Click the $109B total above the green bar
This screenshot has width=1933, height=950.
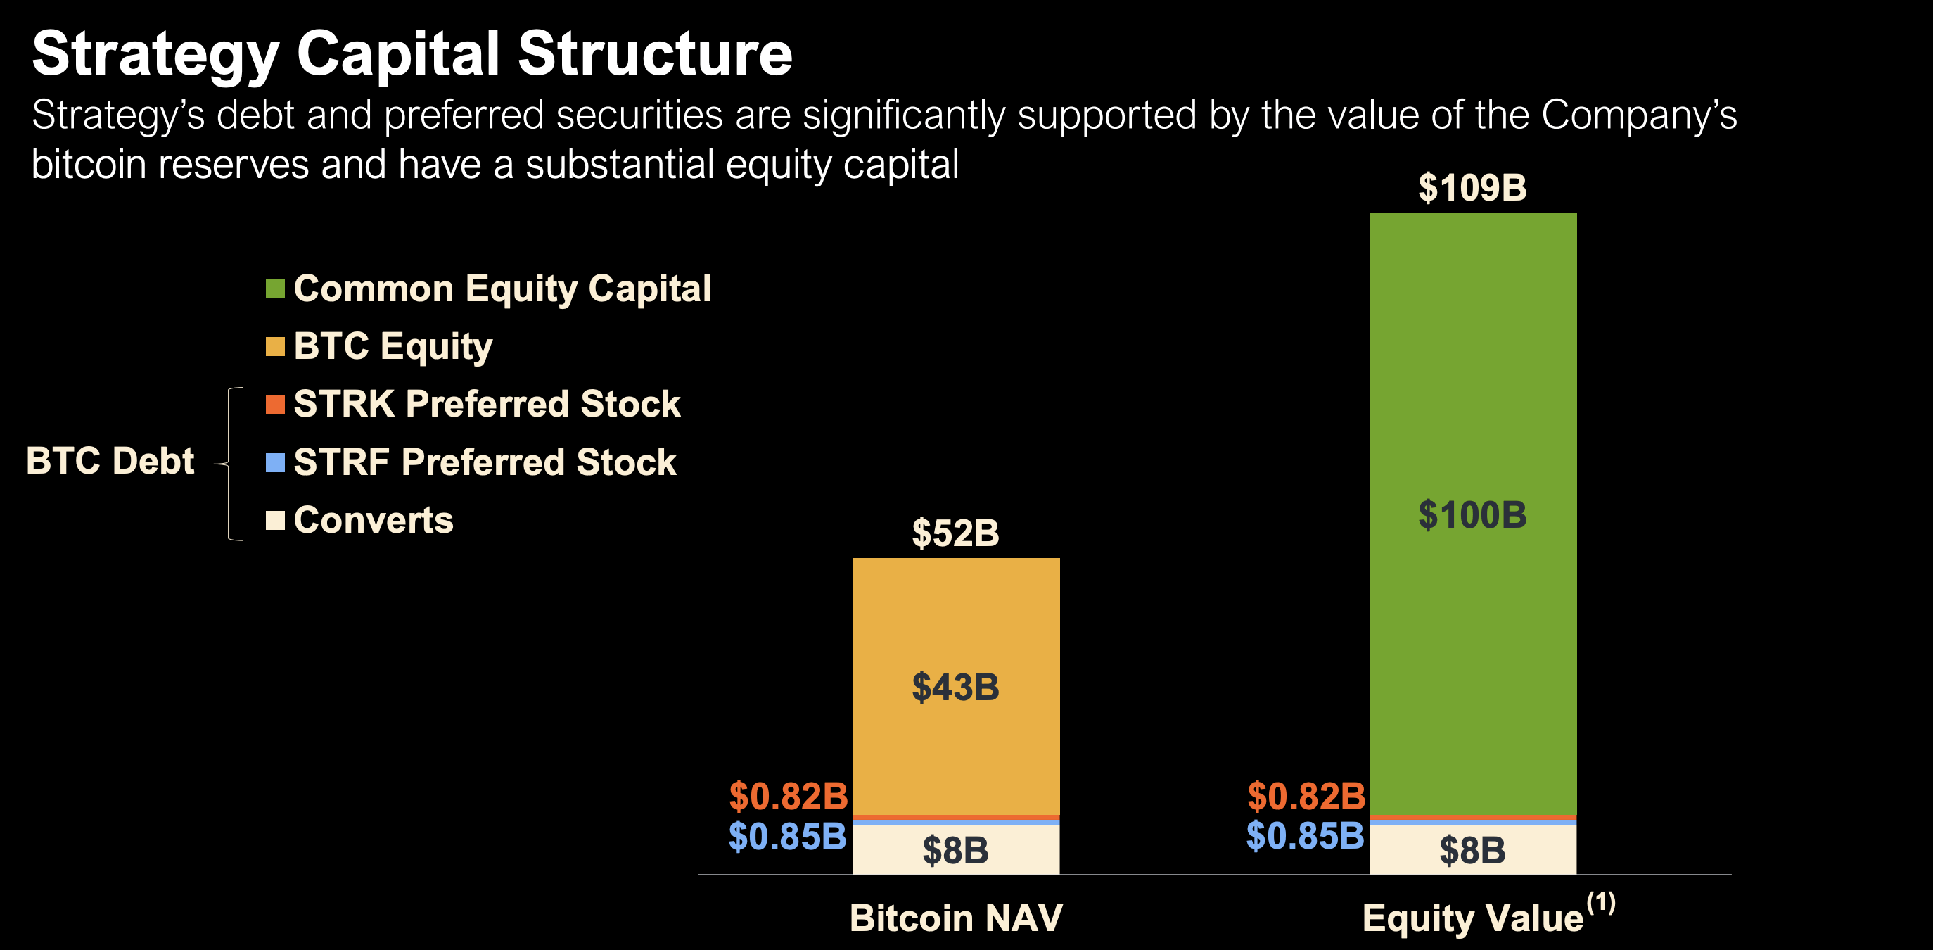coord(1472,188)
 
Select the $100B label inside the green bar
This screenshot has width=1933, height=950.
coord(1472,516)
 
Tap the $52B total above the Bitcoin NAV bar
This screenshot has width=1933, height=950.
coord(955,533)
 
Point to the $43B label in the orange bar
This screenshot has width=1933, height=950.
coord(955,688)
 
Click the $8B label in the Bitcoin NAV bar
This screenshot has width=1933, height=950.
coord(955,851)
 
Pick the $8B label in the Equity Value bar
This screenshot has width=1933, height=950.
coord(1472,851)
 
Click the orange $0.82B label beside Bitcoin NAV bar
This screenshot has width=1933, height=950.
coord(789,796)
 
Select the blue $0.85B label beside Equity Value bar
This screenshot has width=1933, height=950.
coord(1305,836)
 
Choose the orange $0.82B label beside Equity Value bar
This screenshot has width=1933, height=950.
coord(1306,796)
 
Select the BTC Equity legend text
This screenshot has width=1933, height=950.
coord(393,347)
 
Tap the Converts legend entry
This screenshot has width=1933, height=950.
coord(373,520)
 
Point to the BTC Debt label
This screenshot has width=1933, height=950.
coord(110,461)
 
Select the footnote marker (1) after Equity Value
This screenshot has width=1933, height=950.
coord(1600,902)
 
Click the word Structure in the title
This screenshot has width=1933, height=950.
coord(654,54)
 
